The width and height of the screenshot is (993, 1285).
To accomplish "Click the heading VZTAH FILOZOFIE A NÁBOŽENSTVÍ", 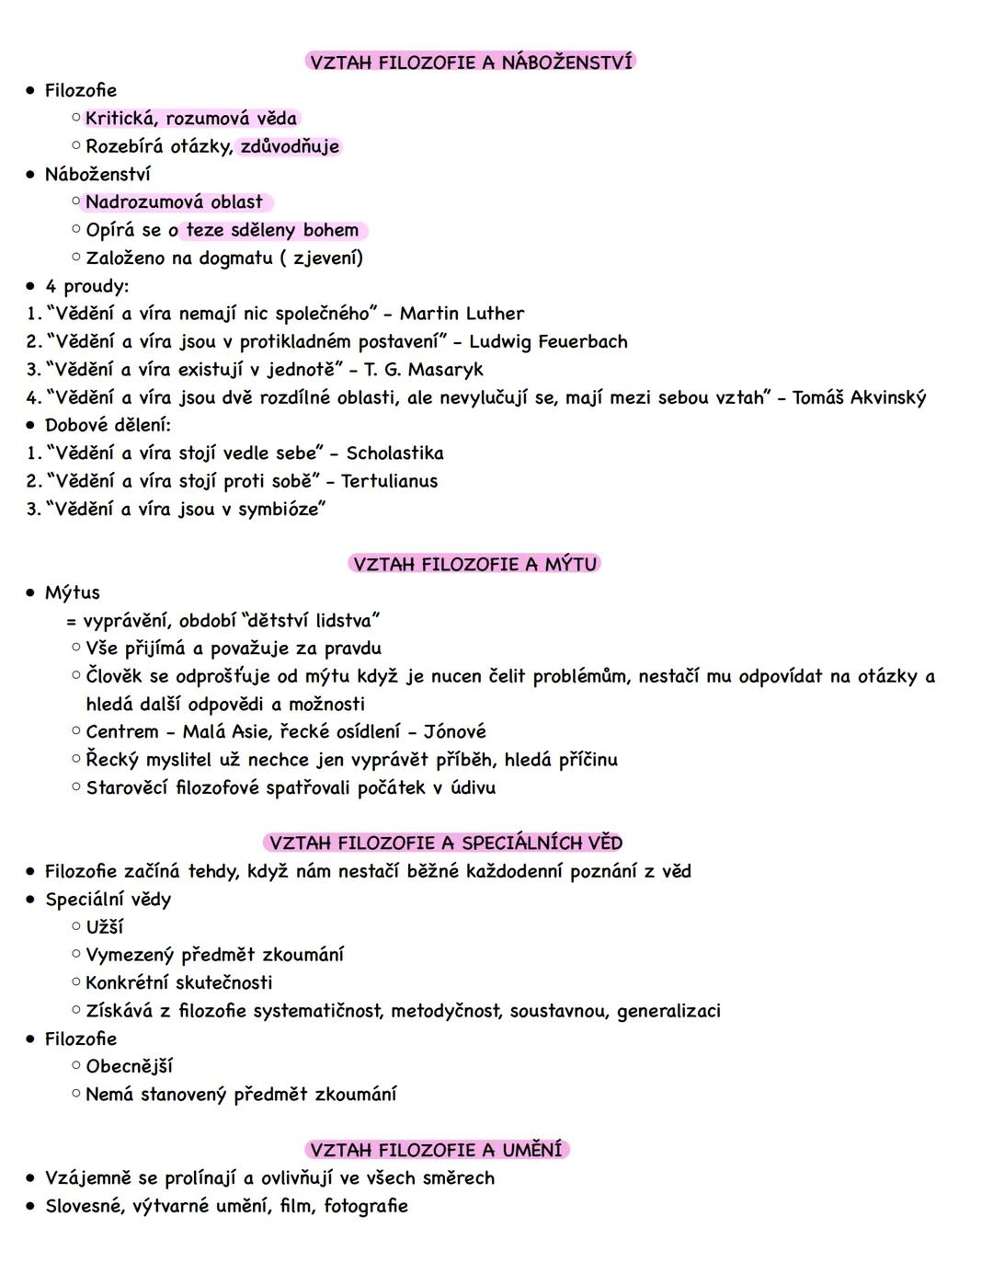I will click(471, 63).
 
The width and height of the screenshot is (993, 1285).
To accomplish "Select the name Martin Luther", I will click(462, 314).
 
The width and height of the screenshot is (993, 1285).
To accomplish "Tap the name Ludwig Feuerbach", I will click(548, 342).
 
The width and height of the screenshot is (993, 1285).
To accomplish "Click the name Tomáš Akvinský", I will click(859, 397).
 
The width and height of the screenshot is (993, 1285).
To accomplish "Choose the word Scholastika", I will click(394, 453).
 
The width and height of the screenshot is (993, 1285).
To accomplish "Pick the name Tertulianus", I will click(389, 481).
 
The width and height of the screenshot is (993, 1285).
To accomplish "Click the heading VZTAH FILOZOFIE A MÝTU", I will click(474, 564).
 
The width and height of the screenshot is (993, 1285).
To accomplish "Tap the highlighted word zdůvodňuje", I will click(290, 146).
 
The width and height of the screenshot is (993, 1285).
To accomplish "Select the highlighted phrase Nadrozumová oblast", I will click(174, 202).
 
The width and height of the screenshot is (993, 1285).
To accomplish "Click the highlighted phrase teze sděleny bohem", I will click(272, 230).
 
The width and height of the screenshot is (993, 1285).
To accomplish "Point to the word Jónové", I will click(454, 732).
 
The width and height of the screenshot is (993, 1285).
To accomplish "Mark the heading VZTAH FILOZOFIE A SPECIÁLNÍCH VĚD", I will click(446, 843).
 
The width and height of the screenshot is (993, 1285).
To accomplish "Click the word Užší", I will click(104, 927).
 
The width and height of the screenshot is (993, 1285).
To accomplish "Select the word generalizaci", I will click(668, 1011).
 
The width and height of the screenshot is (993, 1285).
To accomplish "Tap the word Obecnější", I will click(129, 1066).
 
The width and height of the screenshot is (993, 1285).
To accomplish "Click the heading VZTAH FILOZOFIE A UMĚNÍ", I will click(436, 1150).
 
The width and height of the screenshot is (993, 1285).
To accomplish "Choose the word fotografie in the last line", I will click(365, 1206).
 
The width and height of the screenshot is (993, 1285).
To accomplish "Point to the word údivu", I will click(473, 788).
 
